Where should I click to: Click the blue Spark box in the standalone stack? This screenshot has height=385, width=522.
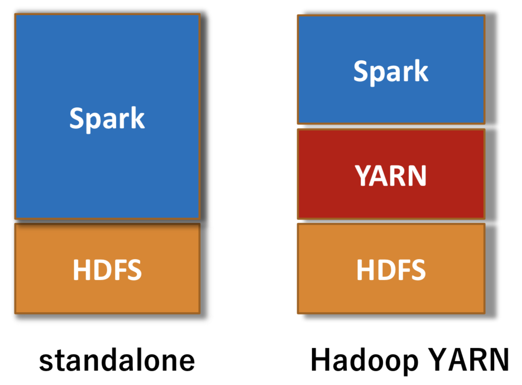pyautogui.click(x=107, y=116)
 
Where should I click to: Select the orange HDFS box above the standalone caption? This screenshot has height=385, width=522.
pyautogui.click(x=107, y=269)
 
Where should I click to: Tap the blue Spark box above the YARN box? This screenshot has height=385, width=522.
pyautogui.click(x=391, y=70)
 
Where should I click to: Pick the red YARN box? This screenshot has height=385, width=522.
pyautogui.click(x=391, y=174)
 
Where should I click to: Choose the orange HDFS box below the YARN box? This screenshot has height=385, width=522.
pyautogui.click(x=391, y=269)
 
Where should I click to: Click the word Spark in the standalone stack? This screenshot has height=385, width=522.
pyautogui.click(x=107, y=119)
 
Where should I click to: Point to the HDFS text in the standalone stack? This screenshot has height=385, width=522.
pyautogui.click(x=107, y=269)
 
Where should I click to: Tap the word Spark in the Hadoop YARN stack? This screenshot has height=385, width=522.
pyautogui.click(x=391, y=72)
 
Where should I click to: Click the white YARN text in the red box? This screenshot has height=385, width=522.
pyautogui.click(x=390, y=176)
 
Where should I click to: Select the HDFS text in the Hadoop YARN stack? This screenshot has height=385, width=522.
pyautogui.click(x=391, y=269)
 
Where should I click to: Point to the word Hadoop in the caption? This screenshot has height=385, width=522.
pyautogui.click(x=365, y=361)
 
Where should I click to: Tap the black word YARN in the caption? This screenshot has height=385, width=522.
pyautogui.click(x=469, y=360)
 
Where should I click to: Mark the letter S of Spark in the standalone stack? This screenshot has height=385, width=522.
pyautogui.click(x=77, y=118)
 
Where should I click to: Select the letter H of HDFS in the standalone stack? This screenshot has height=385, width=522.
pyautogui.click(x=82, y=270)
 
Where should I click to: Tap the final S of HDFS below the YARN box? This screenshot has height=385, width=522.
pyautogui.click(x=418, y=270)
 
